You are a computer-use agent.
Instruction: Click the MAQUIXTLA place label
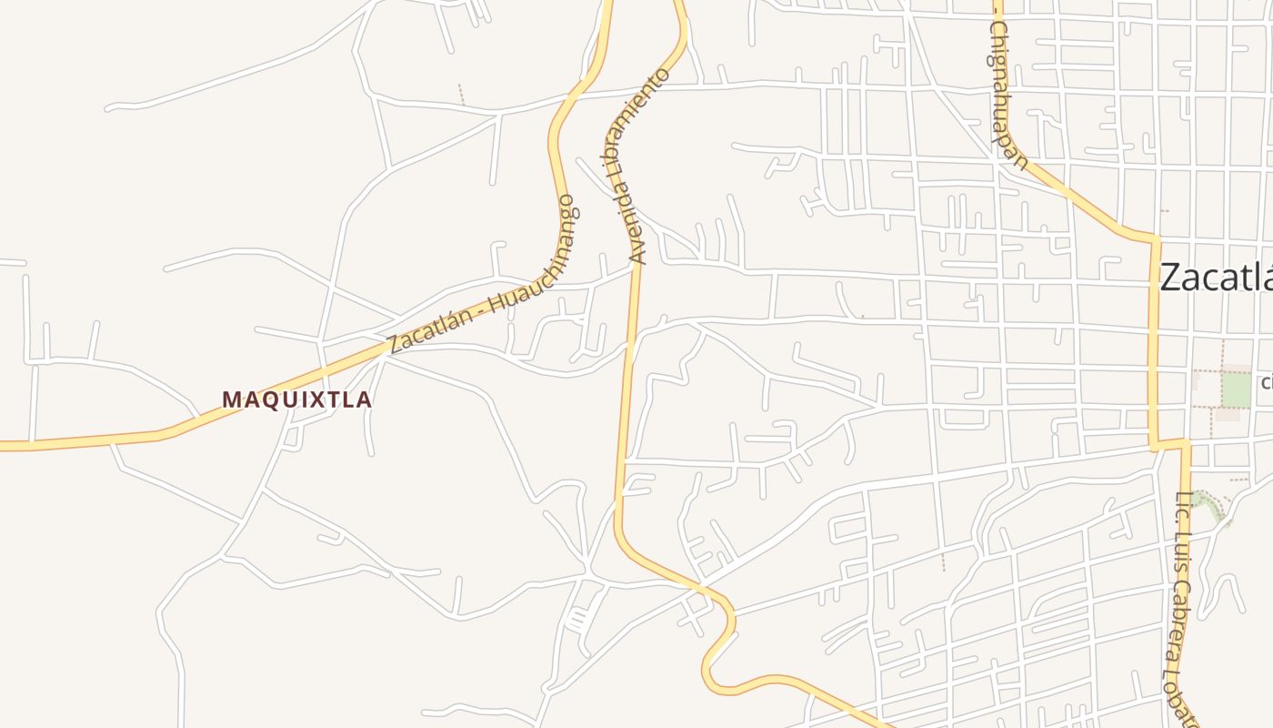[297, 399]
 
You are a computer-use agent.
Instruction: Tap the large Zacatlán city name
[1217, 278]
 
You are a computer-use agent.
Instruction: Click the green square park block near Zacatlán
[1236, 390]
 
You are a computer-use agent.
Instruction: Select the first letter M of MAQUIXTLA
[231, 399]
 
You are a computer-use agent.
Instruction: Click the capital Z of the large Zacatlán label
[1172, 278]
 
